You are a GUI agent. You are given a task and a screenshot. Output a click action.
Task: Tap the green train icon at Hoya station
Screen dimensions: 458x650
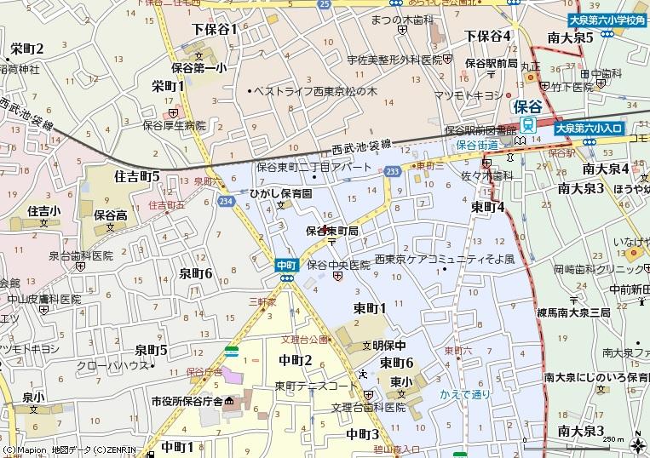pos(528,124)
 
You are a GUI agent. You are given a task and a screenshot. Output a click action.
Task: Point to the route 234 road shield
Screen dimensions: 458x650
pos(225,201)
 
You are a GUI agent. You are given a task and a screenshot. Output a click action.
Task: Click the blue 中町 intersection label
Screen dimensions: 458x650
pos(285,265)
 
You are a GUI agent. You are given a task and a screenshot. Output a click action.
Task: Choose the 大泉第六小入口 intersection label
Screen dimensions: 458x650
pos(589,129)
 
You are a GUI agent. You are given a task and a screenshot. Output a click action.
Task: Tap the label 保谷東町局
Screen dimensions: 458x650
pos(332,231)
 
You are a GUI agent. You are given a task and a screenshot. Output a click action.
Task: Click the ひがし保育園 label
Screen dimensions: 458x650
pos(280,194)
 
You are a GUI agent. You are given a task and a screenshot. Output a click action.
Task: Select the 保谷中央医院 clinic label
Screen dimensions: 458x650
pos(339,265)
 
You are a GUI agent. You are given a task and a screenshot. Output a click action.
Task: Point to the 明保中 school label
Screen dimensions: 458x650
pos(388,345)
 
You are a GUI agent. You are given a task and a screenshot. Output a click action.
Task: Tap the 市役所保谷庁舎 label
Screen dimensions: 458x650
pos(187,401)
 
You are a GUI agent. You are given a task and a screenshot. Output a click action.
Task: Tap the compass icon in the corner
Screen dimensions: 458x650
pos(637,444)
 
